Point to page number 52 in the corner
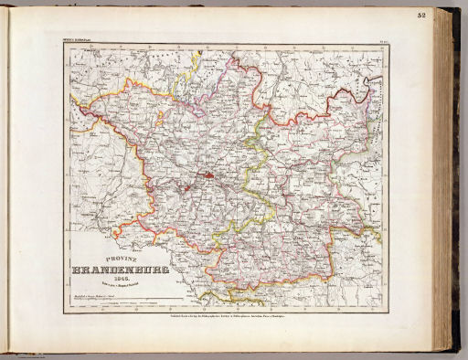[445, 16]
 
